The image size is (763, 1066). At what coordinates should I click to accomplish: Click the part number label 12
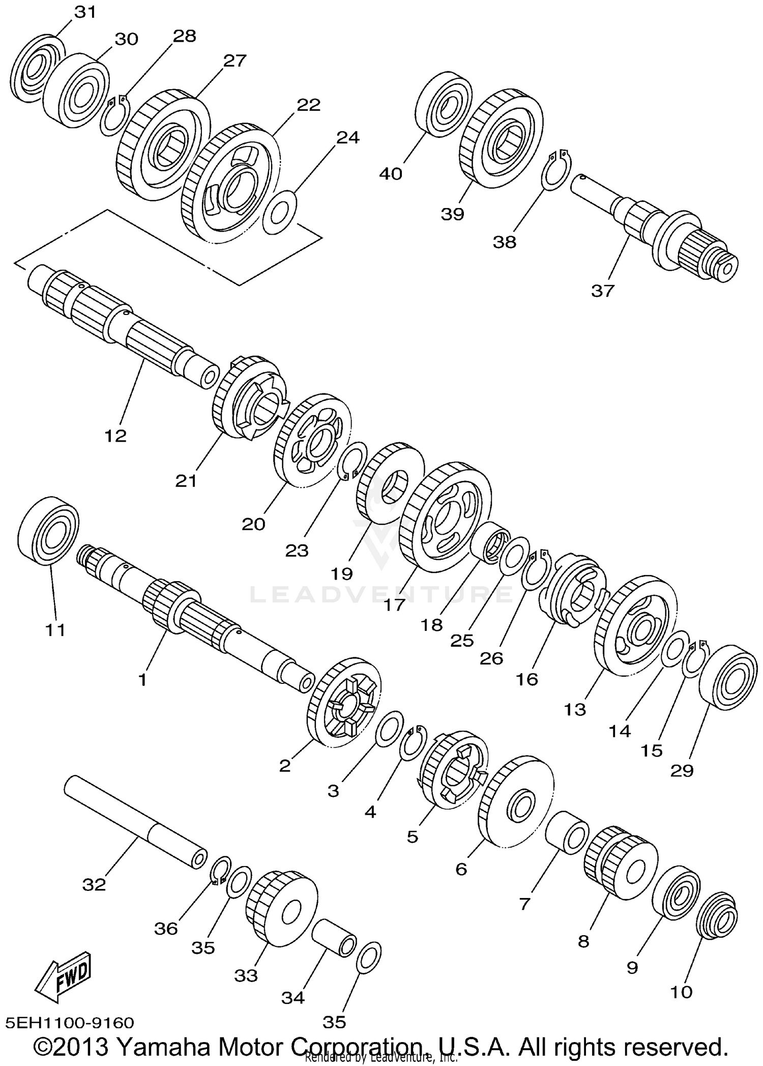pyautogui.click(x=115, y=436)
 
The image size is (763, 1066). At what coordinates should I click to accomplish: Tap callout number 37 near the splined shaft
pyautogui.click(x=603, y=291)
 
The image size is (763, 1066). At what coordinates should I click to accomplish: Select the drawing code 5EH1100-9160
pyautogui.click(x=70, y=1023)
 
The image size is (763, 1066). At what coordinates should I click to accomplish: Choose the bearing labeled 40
pyautogui.click(x=442, y=104)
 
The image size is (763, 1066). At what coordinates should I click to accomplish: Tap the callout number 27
pyautogui.click(x=235, y=61)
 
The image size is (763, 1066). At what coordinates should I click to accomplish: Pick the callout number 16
pyautogui.click(x=526, y=679)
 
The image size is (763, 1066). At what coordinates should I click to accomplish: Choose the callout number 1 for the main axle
pyautogui.click(x=142, y=679)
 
